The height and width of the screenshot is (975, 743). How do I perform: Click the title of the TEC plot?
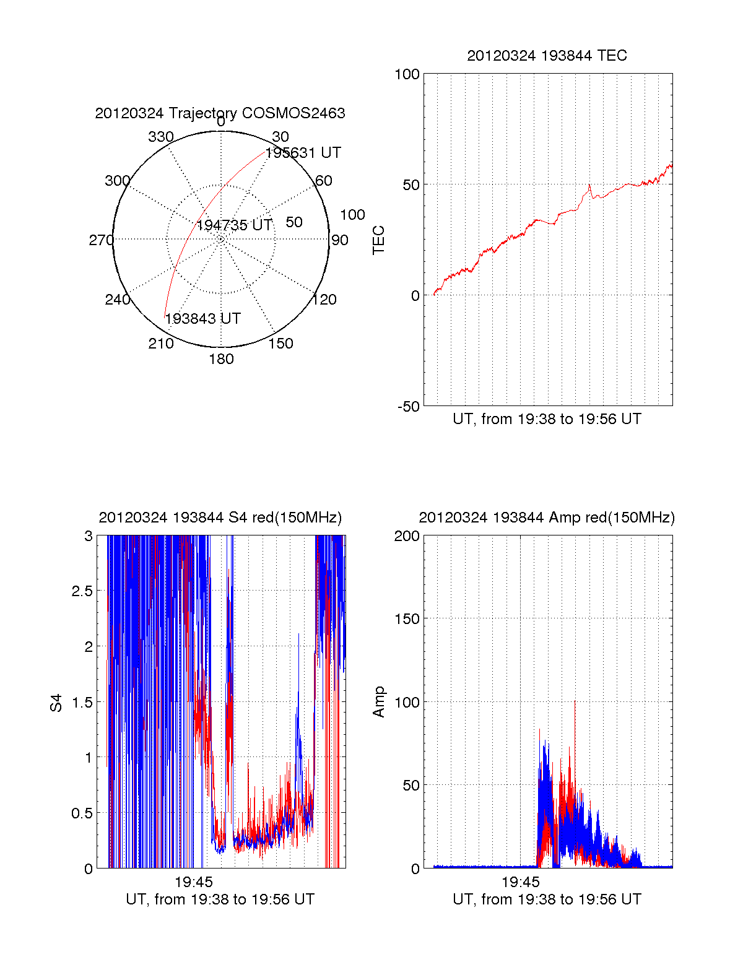(547, 56)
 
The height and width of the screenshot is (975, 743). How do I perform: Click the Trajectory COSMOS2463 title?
(220, 113)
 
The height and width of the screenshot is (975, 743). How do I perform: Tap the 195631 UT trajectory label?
(303, 153)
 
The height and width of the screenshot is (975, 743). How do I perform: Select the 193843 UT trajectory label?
(202, 319)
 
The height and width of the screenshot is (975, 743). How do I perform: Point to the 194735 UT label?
(234, 225)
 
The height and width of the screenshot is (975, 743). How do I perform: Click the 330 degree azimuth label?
(160, 137)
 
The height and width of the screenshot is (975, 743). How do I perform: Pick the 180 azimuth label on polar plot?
(221, 359)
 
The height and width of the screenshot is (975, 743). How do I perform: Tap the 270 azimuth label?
(101, 240)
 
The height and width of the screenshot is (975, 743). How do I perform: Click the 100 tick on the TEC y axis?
(407, 74)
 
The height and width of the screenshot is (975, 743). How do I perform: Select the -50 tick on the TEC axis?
(408, 407)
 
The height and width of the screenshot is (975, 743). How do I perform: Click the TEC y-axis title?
(378, 240)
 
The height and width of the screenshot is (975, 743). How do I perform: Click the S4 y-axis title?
(56, 703)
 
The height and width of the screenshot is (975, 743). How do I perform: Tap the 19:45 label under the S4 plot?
(193, 882)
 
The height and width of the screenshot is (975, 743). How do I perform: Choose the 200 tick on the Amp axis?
(407, 536)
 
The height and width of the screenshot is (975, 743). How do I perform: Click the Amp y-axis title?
(378, 702)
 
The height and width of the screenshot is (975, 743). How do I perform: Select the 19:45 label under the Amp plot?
(520, 882)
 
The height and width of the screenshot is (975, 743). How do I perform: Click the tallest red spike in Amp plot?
(575, 703)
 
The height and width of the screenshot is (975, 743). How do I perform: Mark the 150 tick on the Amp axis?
(407, 619)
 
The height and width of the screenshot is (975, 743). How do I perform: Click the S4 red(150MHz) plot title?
(220, 518)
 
